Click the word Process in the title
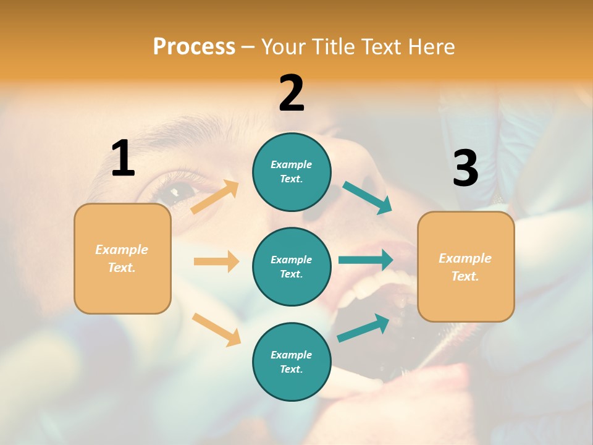pyautogui.click(x=194, y=46)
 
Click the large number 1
pyautogui.click(x=123, y=158)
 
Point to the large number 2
pyautogui.click(x=292, y=93)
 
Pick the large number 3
pyautogui.click(x=465, y=169)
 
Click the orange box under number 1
pyautogui.click(x=122, y=258)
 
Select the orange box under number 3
pyautogui.click(x=466, y=266)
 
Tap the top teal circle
pyautogui.click(x=292, y=172)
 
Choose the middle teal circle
pyautogui.click(x=292, y=266)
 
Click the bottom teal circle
pyautogui.click(x=292, y=362)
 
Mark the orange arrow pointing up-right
pyautogui.click(x=215, y=197)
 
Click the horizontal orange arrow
pyautogui.click(x=216, y=261)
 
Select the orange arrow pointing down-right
pyautogui.click(x=216, y=329)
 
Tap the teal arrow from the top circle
pyautogui.click(x=368, y=198)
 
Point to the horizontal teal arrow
pyautogui.click(x=366, y=260)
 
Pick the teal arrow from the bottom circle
pyautogui.click(x=363, y=328)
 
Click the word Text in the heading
pyautogui.click(x=380, y=46)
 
